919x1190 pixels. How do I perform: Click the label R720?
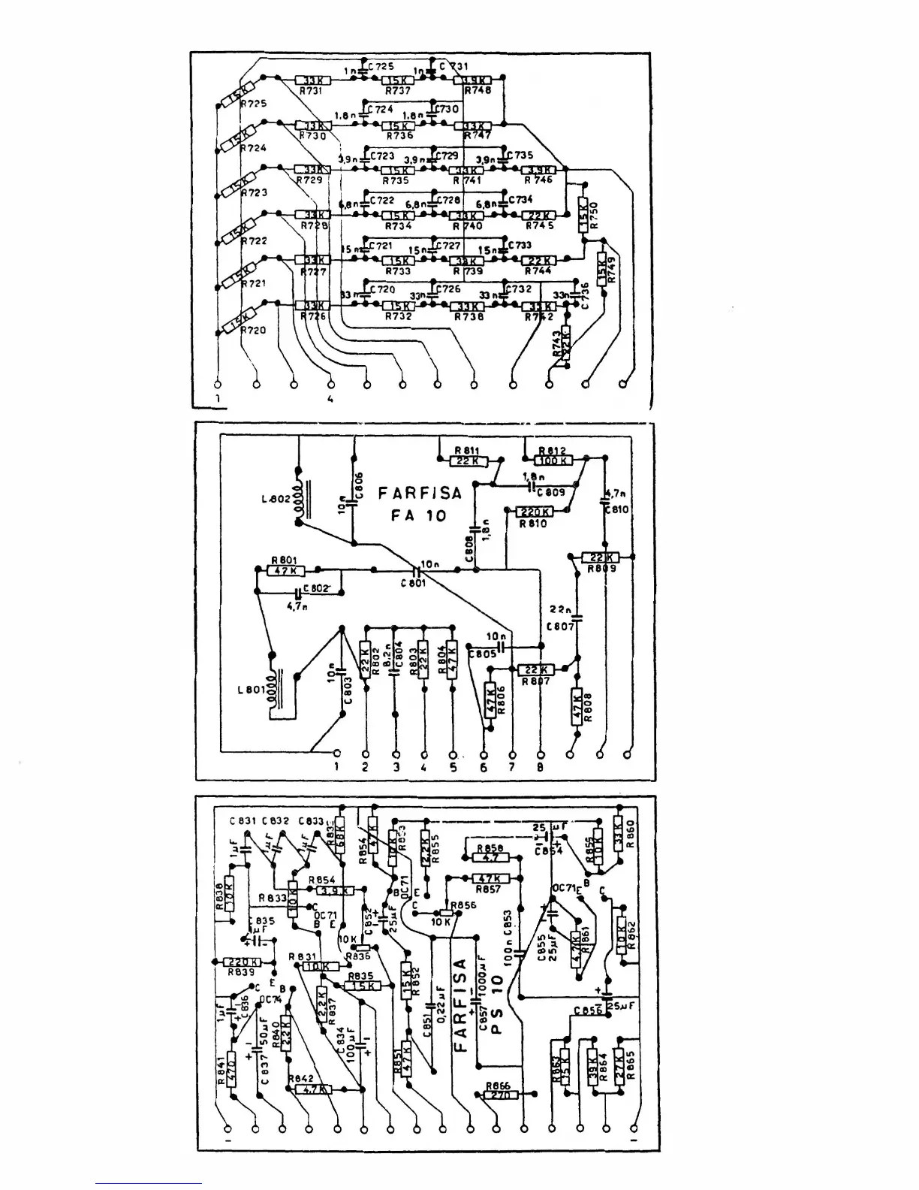253,330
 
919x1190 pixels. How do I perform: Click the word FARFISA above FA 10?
419,494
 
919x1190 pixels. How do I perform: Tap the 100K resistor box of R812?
553,460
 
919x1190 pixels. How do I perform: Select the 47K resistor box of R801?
285,570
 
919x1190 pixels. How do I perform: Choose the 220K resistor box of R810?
535,512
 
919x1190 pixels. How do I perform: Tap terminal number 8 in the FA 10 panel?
541,767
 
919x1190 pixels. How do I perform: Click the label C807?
560,625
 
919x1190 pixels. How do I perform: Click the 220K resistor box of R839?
243,962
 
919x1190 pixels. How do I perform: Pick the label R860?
630,833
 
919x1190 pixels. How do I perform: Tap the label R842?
300,1077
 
